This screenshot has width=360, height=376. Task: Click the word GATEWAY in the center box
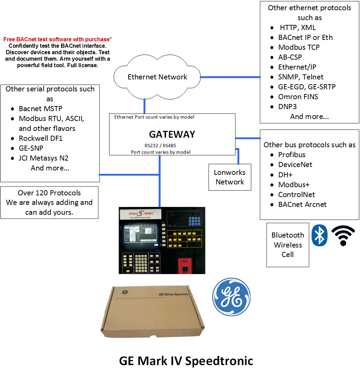(x=172, y=134)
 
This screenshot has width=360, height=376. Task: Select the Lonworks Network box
(x=230, y=177)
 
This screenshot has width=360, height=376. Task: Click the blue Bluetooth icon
(x=319, y=235)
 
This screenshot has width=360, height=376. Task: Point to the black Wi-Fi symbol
(x=343, y=236)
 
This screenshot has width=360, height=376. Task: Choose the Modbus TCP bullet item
(x=299, y=47)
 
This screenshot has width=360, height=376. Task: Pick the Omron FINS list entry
(x=298, y=97)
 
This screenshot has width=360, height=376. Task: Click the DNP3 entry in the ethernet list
(x=287, y=107)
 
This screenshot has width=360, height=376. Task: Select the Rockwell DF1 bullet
(x=41, y=138)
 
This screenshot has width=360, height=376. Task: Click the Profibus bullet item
(x=291, y=155)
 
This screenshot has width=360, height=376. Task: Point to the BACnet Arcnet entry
(x=302, y=205)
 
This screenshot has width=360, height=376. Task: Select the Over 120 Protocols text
(x=49, y=193)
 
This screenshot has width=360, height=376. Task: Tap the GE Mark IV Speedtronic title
(x=186, y=361)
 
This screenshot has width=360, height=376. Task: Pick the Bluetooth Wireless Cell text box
(x=288, y=245)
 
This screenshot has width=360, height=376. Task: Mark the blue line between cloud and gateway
(x=145, y=106)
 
